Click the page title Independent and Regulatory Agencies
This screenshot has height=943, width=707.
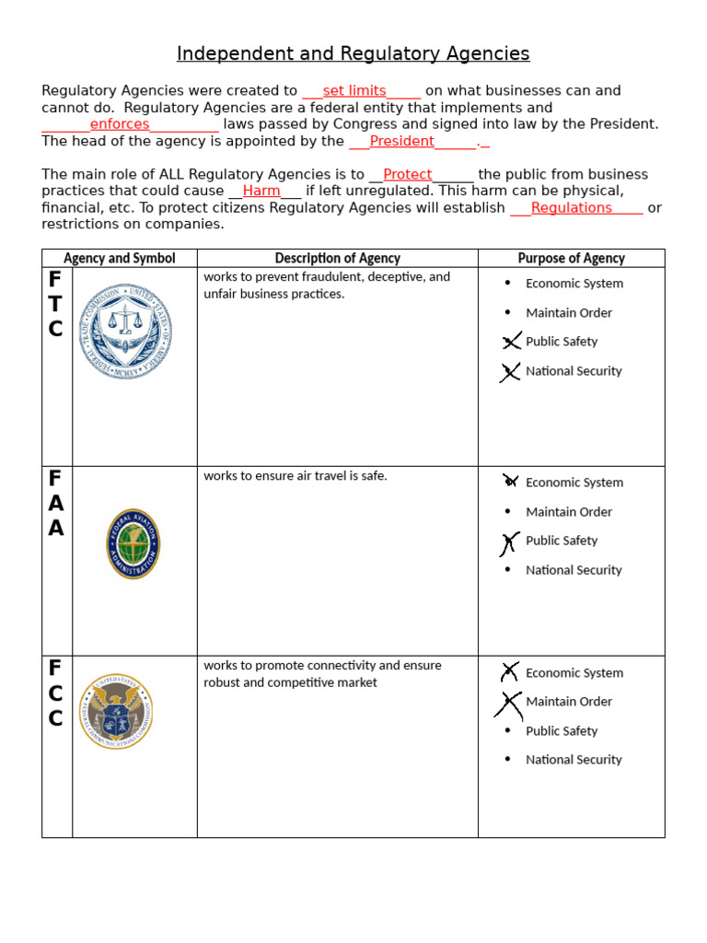click(353, 54)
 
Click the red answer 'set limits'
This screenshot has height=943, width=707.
click(354, 91)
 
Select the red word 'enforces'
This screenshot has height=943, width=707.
click(120, 124)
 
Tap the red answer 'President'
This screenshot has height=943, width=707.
click(401, 141)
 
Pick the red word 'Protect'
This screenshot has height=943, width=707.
click(408, 174)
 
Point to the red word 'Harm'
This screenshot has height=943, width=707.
click(261, 191)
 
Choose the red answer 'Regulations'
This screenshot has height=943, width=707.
click(571, 207)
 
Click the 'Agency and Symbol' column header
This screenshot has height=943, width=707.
click(119, 259)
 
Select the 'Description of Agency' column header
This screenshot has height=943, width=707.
click(337, 259)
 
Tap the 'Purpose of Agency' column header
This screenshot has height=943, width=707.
click(571, 259)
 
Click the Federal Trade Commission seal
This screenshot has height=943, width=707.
click(133, 331)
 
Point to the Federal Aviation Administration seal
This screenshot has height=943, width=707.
click(133, 543)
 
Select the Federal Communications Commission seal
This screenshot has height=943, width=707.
click(116, 710)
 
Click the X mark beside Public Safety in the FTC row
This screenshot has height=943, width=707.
click(511, 342)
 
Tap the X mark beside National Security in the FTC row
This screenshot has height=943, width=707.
click(510, 372)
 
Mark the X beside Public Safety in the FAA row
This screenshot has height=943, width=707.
click(508, 542)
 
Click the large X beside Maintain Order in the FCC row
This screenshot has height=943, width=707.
click(508, 704)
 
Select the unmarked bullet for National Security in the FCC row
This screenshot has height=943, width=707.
click(507, 760)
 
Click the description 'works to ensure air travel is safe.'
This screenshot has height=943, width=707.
click(296, 476)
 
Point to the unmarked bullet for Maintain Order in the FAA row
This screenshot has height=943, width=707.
click(507, 512)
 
